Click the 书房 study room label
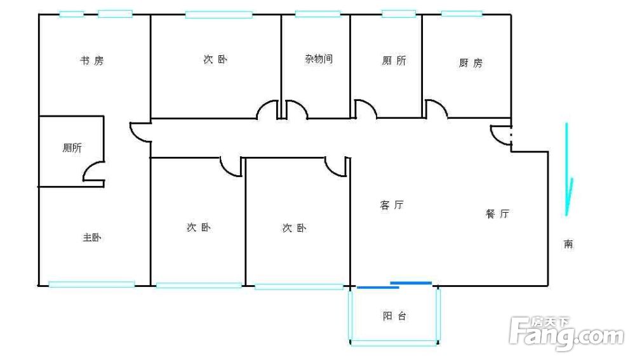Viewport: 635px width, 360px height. click(x=92, y=61)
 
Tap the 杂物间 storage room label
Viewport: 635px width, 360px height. click(x=319, y=59)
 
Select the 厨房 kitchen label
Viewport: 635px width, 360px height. click(x=471, y=63)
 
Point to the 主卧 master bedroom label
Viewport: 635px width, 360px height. click(x=92, y=237)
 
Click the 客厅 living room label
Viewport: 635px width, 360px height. click(x=392, y=205)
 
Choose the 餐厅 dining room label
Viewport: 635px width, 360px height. click(x=497, y=213)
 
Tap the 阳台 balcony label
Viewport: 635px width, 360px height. click(x=394, y=316)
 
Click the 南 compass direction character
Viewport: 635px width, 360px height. click(x=568, y=244)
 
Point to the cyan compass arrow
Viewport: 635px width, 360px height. click(x=568, y=170)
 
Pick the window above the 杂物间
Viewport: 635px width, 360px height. click(x=318, y=14)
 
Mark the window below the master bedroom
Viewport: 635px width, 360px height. click(x=91, y=284)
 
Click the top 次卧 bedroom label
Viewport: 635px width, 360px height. click(x=215, y=60)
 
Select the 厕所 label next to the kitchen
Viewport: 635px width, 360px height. click(x=394, y=61)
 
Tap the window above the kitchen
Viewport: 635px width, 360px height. click(x=462, y=13)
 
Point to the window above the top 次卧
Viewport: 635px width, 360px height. click(x=218, y=15)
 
